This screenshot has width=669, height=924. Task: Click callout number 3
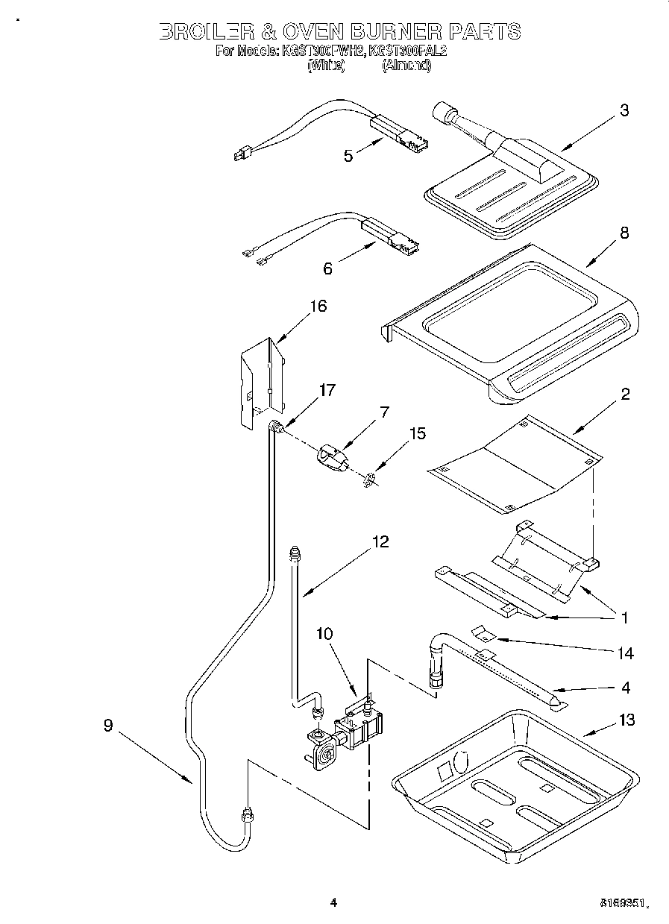pyautogui.click(x=624, y=111)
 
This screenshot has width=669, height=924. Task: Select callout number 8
pyautogui.click(x=624, y=233)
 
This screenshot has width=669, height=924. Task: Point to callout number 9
pyautogui.click(x=108, y=725)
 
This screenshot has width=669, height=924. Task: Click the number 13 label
pyautogui.click(x=626, y=720)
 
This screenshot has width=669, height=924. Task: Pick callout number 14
pyautogui.click(x=625, y=653)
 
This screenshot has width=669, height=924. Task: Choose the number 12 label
pyautogui.click(x=380, y=542)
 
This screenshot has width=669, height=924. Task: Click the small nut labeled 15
pyautogui.click(x=369, y=478)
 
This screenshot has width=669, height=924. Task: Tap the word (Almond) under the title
pyautogui.click(x=406, y=66)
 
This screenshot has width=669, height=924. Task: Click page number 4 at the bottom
pyautogui.click(x=333, y=902)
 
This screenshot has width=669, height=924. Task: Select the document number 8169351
pyautogui.click(x=621, y=903)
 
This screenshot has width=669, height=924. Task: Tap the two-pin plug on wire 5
pyautogui.click(x=239, y=155)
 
